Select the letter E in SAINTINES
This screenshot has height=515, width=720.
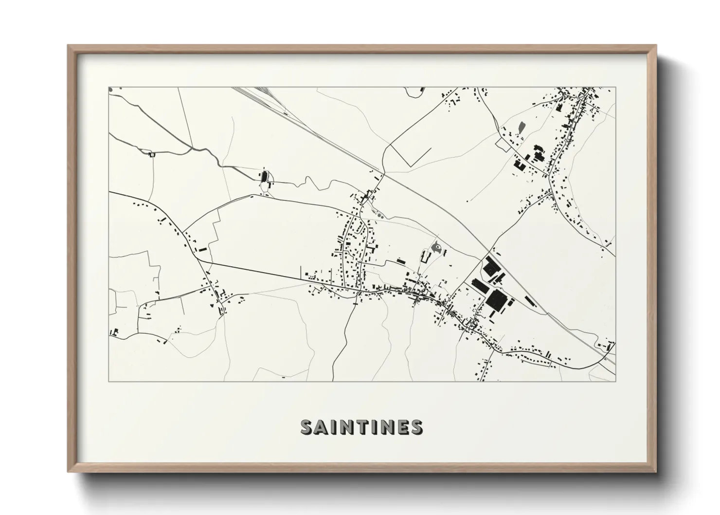pyautogui.click(x=402, y=427)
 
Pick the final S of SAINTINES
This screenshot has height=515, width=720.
pyautogui.click(x=416, y=427)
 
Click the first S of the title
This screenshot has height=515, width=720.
pyautogui.click(x=307, y=427)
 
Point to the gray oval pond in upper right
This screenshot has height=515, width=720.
pyautogui.click(x=522, y=128)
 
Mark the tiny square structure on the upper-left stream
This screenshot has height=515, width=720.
pyautogui.click(x=151, y=154)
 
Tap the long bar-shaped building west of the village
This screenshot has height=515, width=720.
pyautogui.click(x=201, y=249)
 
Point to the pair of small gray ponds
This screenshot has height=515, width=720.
pyautogui.click(x=379, y=214)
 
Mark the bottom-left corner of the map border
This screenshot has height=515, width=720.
pyautogui.click(x=109, y=381)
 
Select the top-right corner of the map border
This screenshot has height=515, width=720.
pyautogui.click(x=615, y=88)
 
